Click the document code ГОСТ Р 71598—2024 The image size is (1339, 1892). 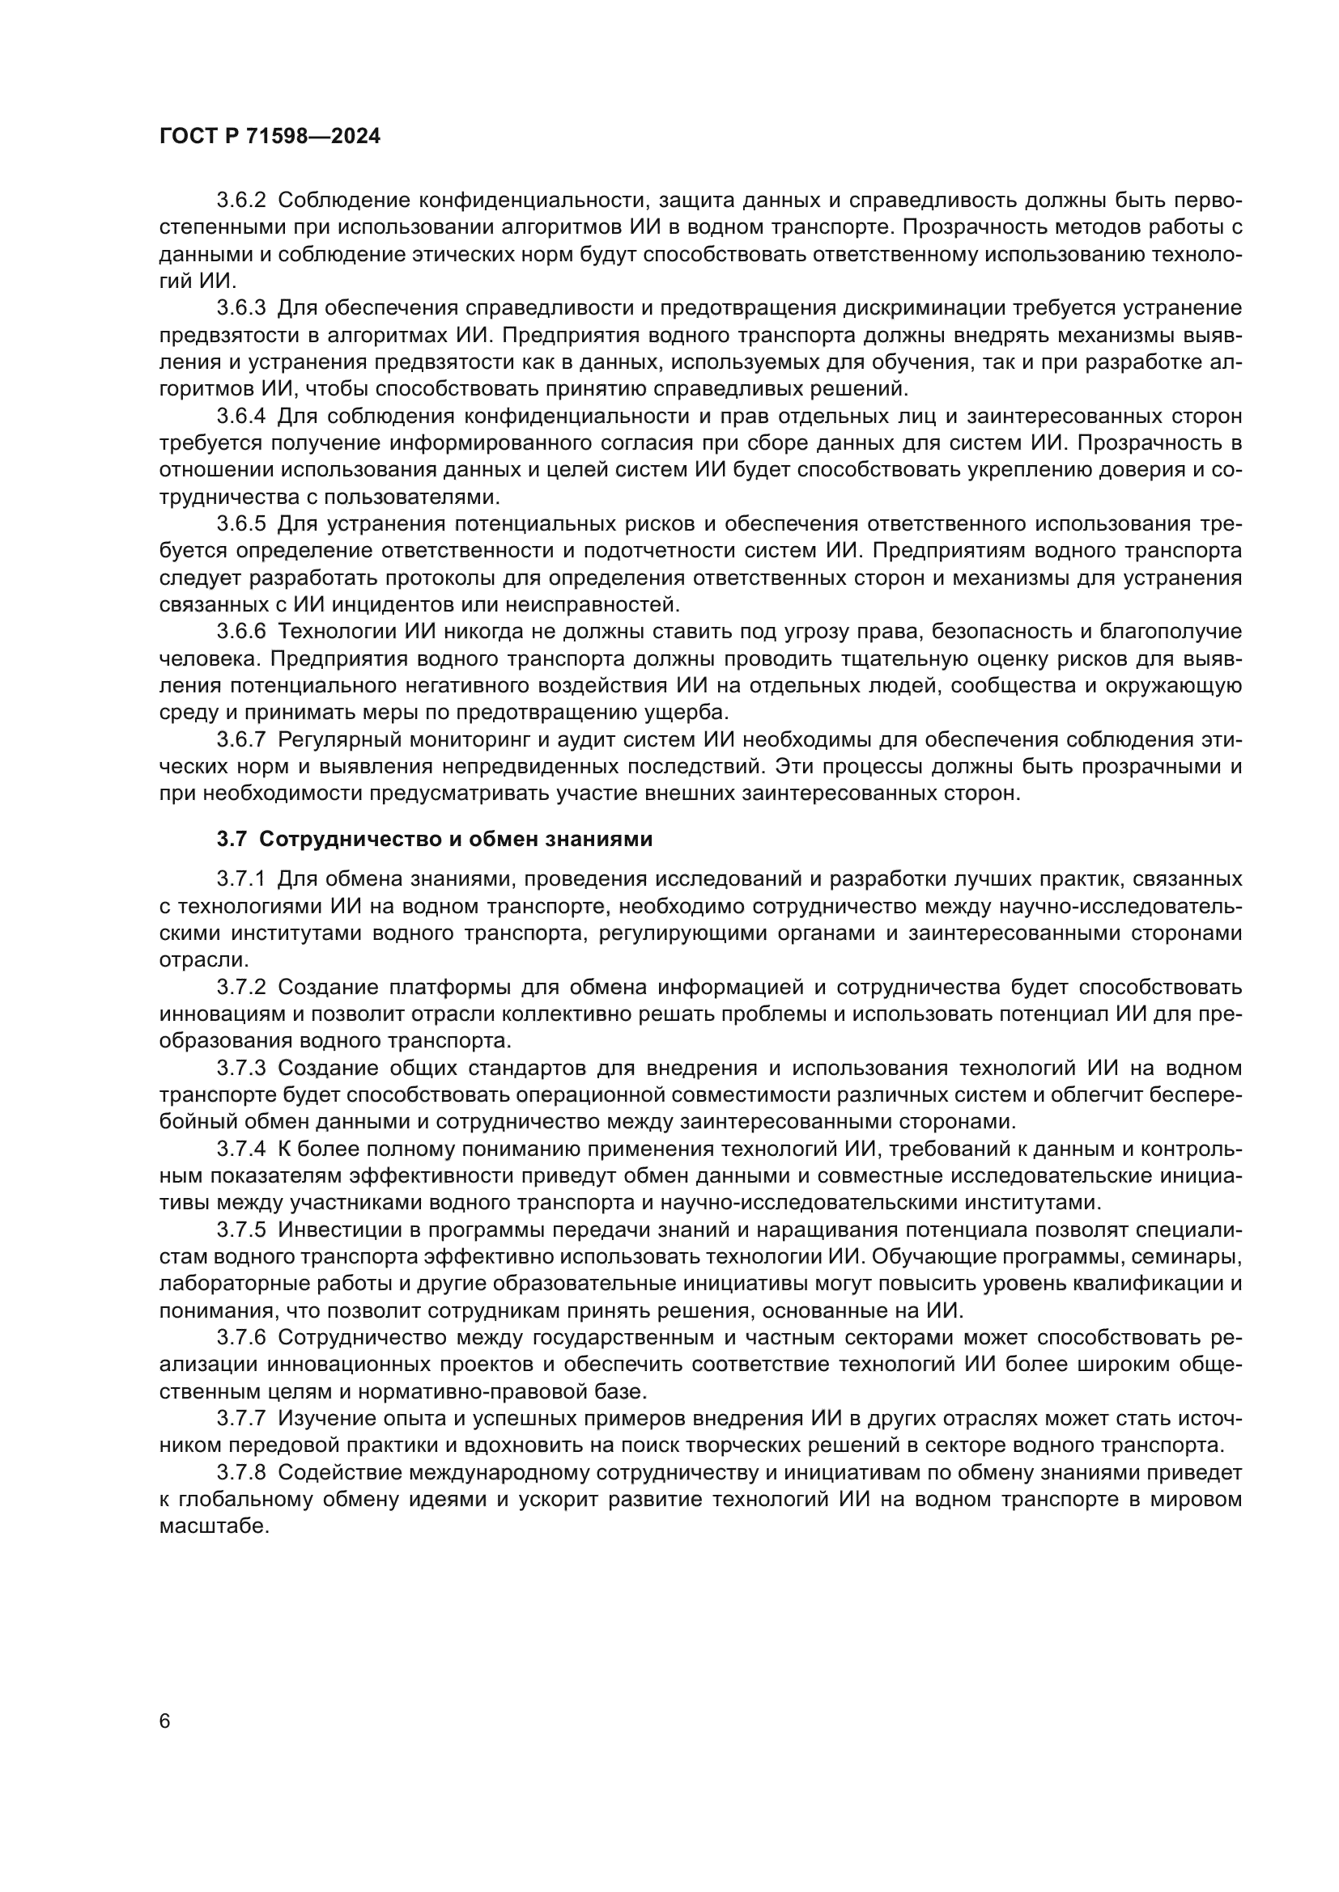[270, 137]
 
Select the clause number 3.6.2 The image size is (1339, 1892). [240, 201]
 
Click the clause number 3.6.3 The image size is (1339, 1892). [240, 308]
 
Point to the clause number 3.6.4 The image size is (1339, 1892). [240, 416]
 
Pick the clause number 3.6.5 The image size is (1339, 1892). [240, 524]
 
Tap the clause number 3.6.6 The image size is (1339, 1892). [240, 632]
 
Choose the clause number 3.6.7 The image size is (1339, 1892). [240, 740]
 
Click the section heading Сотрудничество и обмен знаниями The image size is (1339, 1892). [455, 840]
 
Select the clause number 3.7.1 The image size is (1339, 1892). [240, 879]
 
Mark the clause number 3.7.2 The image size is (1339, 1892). [240, 987]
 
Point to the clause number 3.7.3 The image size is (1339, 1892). [240, 1069]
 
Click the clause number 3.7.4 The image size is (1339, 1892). [240, 1149]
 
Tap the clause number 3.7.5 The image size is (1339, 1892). [240, 1230]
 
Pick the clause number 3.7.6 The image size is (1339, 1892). [240, 1338]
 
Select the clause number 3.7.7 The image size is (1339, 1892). [240, 1419]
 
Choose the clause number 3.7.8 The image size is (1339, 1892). [240, 1472]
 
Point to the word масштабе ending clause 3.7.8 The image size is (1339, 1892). [213, 1527]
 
